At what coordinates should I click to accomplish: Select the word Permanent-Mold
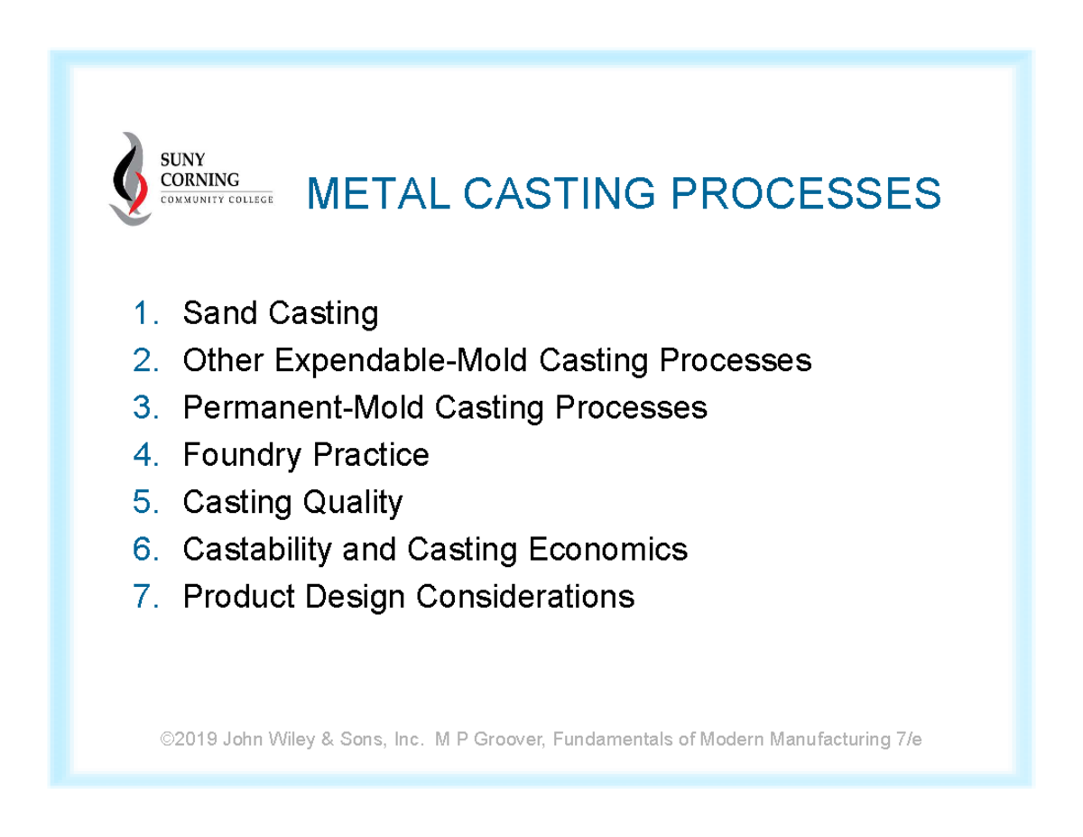pos(304,408)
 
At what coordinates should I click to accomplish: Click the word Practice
pos(370,455)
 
